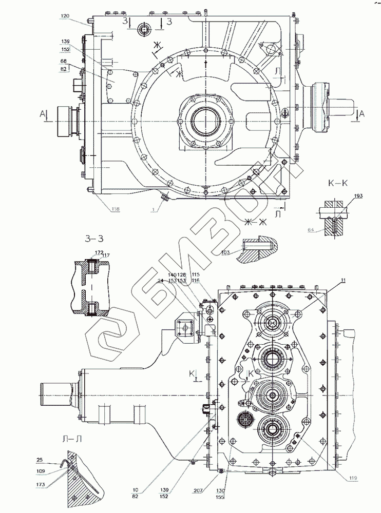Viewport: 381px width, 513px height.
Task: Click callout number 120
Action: (x=65, y=17)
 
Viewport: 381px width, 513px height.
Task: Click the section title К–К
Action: (x=338, y=183)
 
